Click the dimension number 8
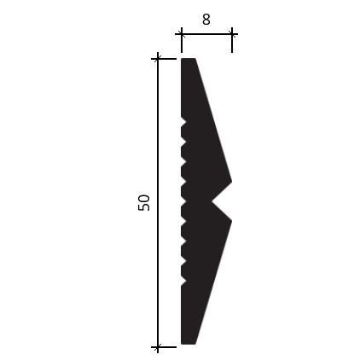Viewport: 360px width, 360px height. click(x=206, y=20)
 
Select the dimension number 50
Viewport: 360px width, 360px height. click(x=144, y=202)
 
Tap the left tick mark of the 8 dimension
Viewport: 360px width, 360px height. click(x=182, y=34)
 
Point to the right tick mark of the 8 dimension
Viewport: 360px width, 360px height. click(x=232, y=34)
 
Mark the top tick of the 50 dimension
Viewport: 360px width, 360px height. click(x=158, y=59)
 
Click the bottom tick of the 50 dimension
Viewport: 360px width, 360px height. click(x=158, y=347)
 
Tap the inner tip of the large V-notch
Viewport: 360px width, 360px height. click(x=212, y=201)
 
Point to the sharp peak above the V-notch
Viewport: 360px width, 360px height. click(x=231, y=181)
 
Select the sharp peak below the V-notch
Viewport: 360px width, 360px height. click(x=231, y=221)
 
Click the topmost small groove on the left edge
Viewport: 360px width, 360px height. click(x=183, y=123)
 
